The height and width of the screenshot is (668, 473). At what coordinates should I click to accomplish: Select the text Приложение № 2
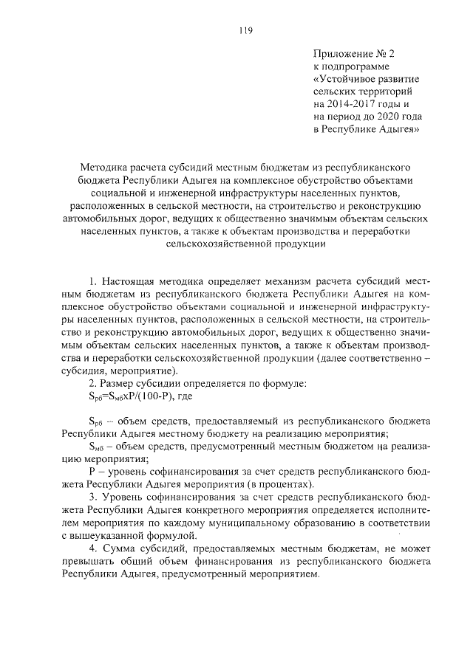pos(355,54)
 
